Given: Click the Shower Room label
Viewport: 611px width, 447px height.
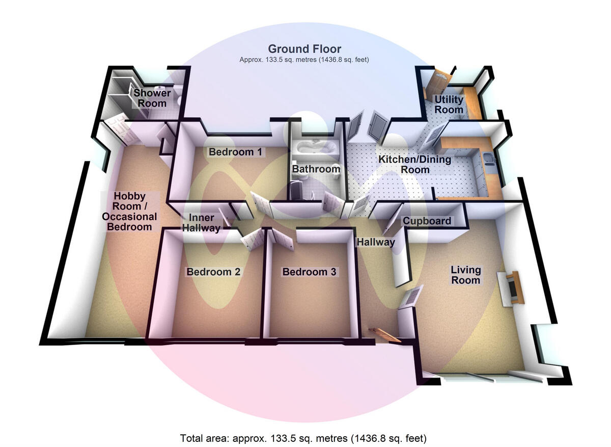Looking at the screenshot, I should (x=152, y=98).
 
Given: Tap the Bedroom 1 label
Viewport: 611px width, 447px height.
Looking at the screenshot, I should (x=235, y=152).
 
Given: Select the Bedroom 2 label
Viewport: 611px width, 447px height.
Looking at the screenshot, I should (x=213, y=272).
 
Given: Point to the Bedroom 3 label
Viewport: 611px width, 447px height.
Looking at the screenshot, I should (x=309, y=272).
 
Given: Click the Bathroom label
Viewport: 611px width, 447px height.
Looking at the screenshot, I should (x=316, y=169).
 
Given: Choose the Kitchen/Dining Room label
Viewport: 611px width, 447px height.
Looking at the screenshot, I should (x=415, y=165).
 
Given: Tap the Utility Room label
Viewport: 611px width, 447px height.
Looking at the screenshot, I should (x=449, y=104).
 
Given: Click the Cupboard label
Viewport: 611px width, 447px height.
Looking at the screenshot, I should (x=427, y=221).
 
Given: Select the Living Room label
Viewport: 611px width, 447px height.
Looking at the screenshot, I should (x=465, y=275).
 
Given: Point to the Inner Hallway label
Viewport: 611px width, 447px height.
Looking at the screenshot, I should (x=202, y=223).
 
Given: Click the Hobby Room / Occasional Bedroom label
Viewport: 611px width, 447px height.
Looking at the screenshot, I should (x=129, y=212).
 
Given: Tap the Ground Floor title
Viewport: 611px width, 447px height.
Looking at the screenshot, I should (x=304, y=49).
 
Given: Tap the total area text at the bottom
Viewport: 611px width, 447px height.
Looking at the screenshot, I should (x=303, y=438).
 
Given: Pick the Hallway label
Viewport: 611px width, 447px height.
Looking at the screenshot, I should (x=376, y=242).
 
